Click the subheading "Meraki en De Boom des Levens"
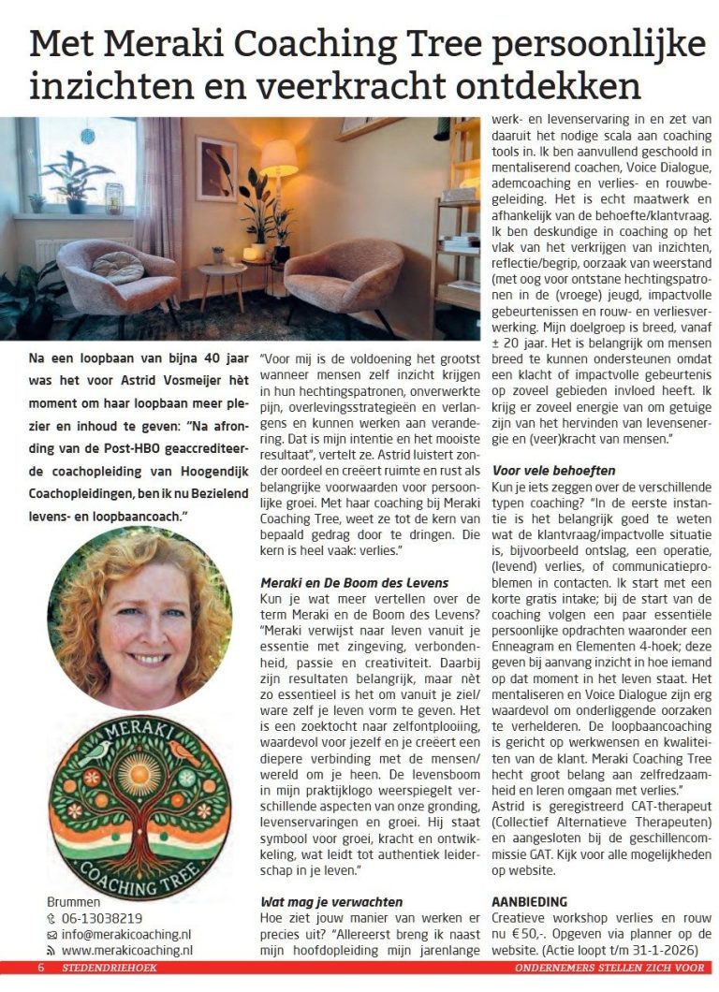354,583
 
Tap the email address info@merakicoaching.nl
125,934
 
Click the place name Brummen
73,902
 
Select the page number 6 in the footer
41,967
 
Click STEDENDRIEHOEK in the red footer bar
103,967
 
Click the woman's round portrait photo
139,618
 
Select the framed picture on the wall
216,169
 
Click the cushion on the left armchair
117,266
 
